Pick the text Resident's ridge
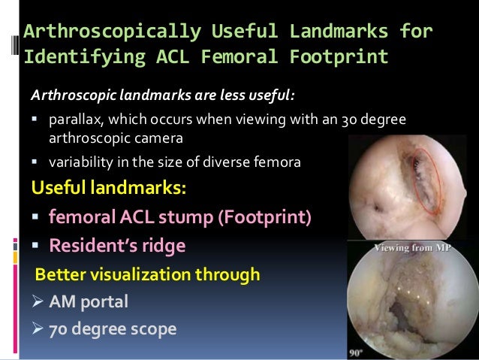click(117, 245)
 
